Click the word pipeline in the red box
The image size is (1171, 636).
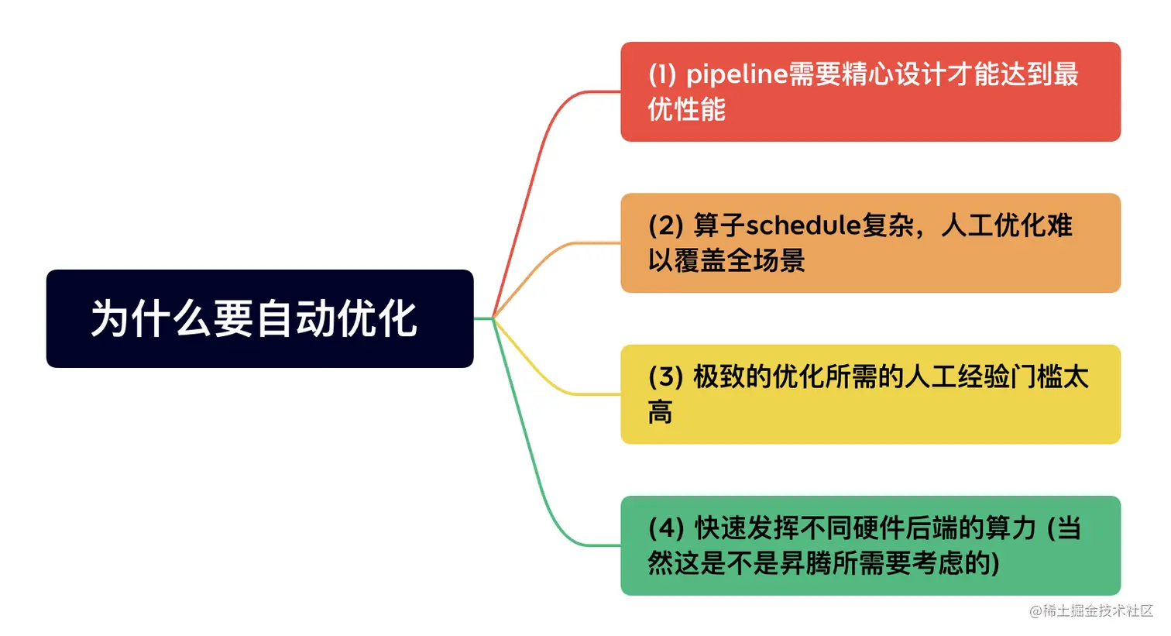[x=737, y=74]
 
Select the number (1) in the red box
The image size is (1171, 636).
[x=662, y=74]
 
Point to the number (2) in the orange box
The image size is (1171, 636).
[x=665, y=225]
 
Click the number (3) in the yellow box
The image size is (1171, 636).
[x=665, y=377]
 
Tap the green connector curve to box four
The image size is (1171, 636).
[x=534, y=480]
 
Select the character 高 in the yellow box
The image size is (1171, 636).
[x=660, y=412]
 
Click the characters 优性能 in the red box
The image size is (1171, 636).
[x=686, y=109]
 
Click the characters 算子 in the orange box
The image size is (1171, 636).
[x=719, y=225]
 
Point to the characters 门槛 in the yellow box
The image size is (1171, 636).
[x=1036, y=377]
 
